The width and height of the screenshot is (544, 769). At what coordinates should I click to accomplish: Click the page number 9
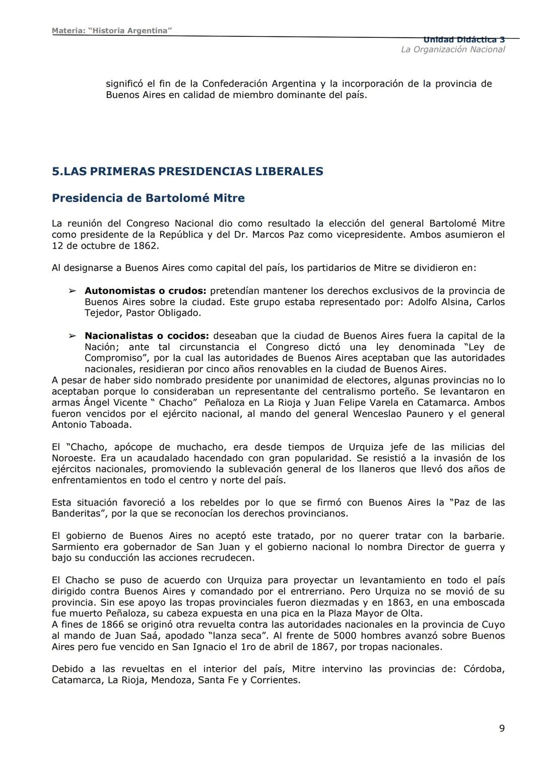click(x=501, y=728)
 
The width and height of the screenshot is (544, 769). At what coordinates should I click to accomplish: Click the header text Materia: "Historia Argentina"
click(x=112, y=31)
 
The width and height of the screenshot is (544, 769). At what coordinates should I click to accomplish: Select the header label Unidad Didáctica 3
click(x=463, y=40)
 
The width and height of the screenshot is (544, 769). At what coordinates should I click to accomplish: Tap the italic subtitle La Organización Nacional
click(x=452, y=49)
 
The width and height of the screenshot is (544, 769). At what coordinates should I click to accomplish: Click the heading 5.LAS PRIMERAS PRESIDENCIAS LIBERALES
click(x=187, y=171)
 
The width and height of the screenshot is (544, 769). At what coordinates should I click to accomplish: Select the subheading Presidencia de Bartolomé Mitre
click(x=148, y=198)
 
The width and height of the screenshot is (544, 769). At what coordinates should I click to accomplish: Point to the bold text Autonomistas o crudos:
click(x=145, y=291)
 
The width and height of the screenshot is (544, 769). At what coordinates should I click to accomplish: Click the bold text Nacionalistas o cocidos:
click(x=147, y=336)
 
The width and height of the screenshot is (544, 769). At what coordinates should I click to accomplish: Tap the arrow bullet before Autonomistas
click(x=73, y=291)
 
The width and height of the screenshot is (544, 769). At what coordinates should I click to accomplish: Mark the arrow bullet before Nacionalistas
click(x=73, y=336)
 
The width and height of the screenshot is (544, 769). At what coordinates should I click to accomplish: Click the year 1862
click(x=147, y=246)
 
